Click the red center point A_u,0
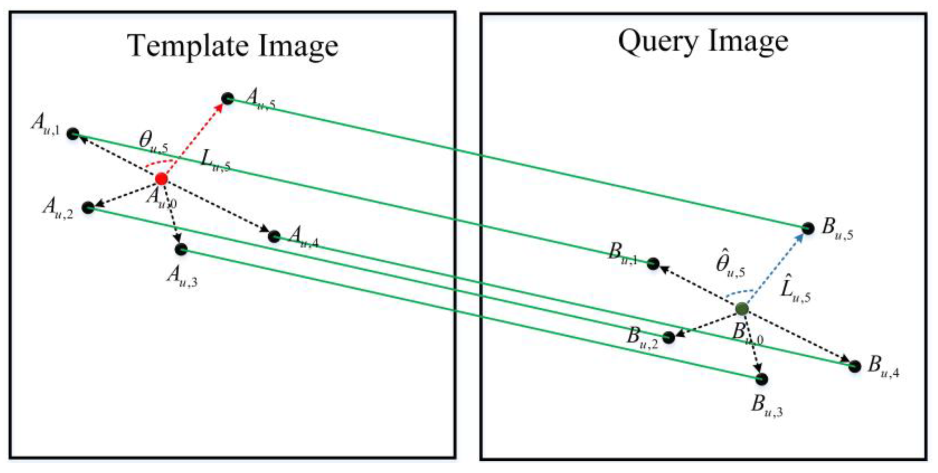161,179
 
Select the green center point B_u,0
742,308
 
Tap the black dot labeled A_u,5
228,99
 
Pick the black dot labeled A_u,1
73,134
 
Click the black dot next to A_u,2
88,207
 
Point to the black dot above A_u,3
181,249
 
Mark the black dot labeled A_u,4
274,236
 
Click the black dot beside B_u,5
808,228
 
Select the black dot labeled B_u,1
653,264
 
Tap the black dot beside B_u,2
669,337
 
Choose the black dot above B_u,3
762,379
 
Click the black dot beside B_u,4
855,366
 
